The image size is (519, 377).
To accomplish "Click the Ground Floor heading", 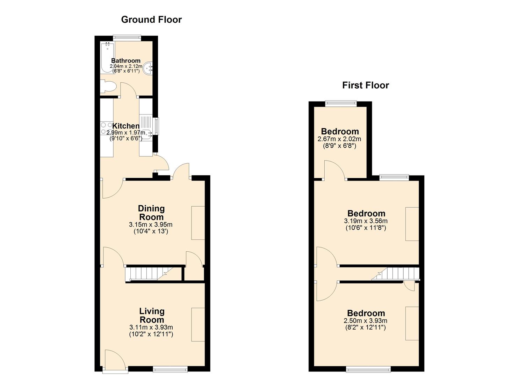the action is tap(151, 20).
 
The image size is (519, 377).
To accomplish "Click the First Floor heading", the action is tap(366, 86).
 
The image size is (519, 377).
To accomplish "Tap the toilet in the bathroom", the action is tap(108, 86).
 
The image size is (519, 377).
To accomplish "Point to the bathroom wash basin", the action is tap(148, 68).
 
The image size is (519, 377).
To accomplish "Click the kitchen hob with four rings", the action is tap(106, 128).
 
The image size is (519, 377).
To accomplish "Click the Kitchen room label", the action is tap(126, 126).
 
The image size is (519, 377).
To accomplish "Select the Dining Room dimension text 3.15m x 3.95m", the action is tap(151, 224).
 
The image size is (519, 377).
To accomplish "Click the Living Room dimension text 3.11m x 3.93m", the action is tap(151, 327).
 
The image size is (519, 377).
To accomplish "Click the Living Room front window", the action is tap(170, 369).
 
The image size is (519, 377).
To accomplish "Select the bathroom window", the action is tap(127, 38).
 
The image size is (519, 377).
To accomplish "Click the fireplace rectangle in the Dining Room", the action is tap(198, 223).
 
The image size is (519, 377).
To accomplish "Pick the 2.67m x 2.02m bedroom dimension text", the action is tap(339, 139).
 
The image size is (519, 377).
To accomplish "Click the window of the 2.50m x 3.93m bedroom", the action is tap(368, 369).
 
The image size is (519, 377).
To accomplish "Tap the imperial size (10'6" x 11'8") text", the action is tap(366, 228).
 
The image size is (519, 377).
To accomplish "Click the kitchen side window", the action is tap(157, 126).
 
